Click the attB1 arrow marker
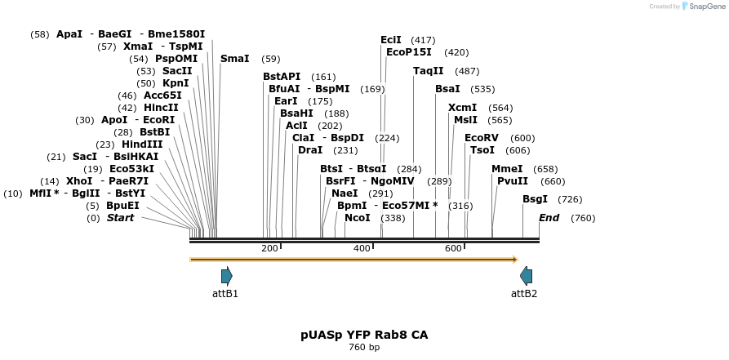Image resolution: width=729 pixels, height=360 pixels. coord(226,276)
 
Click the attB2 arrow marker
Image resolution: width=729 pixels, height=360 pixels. coord(527,276)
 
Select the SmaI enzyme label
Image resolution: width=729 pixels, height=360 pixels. coord(235,59)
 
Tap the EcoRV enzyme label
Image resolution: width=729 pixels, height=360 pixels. coord(482,138)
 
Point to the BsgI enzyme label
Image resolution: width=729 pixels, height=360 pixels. coord(536,199)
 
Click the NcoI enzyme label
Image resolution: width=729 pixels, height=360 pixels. coord(357,218)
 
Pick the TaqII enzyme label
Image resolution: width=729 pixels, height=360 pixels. coord(429,71)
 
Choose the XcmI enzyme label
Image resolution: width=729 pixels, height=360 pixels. coord(462,108)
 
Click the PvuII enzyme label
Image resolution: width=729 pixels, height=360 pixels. coord(513,181)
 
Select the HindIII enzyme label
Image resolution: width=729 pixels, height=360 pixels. coord(142,144)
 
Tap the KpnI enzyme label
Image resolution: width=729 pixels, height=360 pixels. coord(176,83)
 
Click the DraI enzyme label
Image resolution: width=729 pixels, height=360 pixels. coord(310,150)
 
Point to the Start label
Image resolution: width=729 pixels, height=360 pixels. coord(120,218)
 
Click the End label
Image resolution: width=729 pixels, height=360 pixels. coord(549,218)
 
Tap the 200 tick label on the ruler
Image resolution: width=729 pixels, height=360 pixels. coord(269,248)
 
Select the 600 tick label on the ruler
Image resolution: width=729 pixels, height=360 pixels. coord(453,248)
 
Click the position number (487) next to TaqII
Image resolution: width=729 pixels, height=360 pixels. coord(467,71)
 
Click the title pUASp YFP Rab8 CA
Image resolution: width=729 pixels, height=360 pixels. coord(364,335)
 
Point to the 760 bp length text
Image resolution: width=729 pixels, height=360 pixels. coord(364,348)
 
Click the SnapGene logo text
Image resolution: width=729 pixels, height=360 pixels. coord(705,7)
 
